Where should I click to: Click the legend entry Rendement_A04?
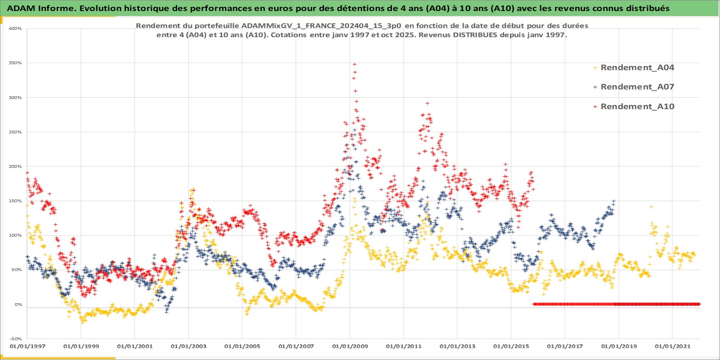click(637, 68)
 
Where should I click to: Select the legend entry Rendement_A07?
click(637, 87)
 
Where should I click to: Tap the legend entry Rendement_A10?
click(637, 107)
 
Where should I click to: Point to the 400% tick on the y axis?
click(15, 28)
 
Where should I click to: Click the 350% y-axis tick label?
click(15, 63)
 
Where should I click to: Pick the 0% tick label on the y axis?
click(17, 304)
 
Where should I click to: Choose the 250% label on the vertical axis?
click(15, 132)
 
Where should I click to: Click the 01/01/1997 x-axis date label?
click(28, 346)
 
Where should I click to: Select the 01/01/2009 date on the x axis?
click(350, 346)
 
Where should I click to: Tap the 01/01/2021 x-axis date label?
click(672, 346)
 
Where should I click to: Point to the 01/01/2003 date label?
click(189, 346)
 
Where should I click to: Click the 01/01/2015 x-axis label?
click(511, 346)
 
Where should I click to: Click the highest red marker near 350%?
click(354, 65)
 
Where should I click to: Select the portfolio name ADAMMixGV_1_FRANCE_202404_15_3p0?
click(321, 26)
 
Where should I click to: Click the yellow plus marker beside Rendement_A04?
click(595, 68)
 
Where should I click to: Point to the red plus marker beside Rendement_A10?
click(595, 107)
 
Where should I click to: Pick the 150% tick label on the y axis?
click(15, 201)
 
